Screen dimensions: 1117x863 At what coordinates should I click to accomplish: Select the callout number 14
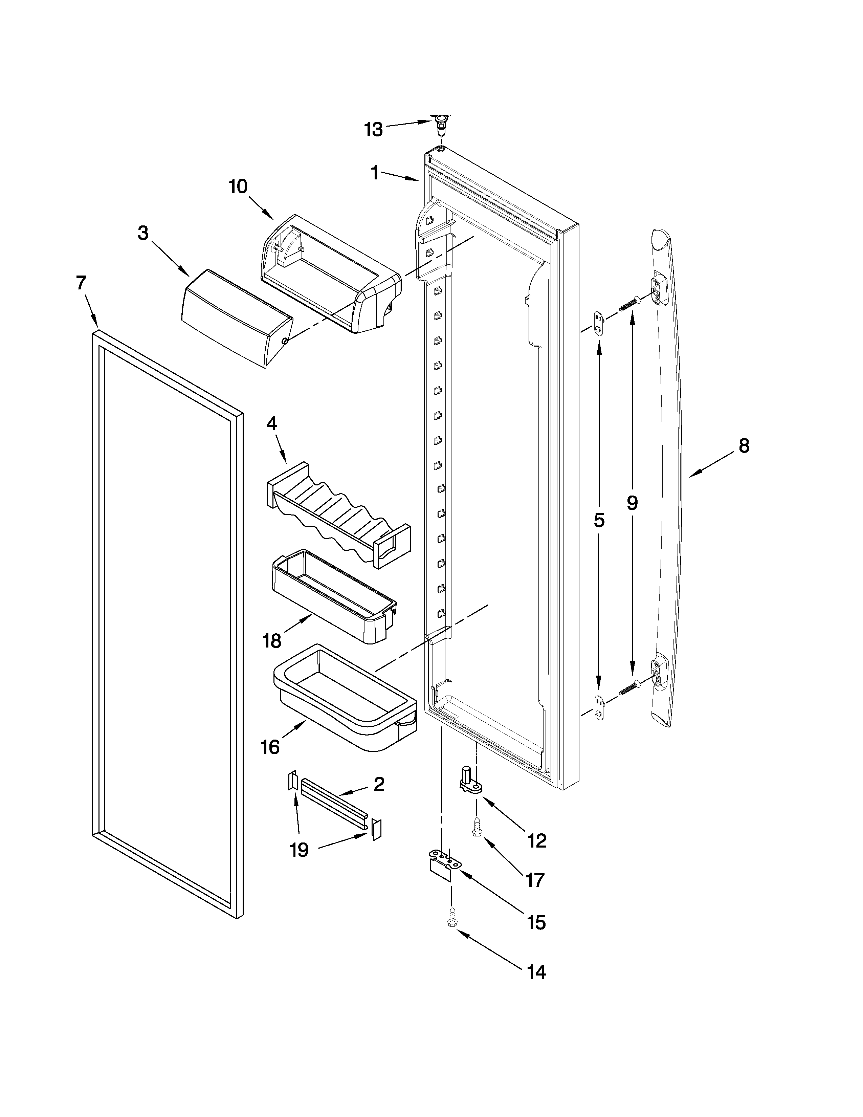(x=536, y=972)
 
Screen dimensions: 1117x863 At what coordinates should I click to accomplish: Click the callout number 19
(x=299, y=850)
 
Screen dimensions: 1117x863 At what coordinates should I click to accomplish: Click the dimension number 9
(x=633, y=503)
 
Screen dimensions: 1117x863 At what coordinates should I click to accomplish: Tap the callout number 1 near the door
(x=375, y=173)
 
